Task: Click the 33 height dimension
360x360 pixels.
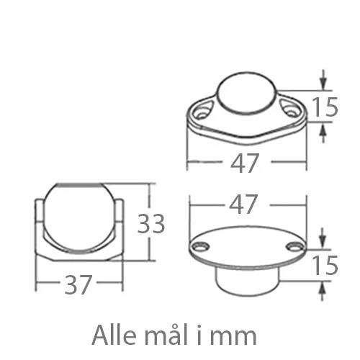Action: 152,224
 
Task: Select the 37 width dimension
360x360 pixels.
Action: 78,285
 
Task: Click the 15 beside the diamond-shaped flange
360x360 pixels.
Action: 326,107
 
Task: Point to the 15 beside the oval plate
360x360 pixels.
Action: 326,265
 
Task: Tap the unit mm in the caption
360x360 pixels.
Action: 237,336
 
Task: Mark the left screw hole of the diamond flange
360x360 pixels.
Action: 201,112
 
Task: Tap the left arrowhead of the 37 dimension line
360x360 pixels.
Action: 39,285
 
